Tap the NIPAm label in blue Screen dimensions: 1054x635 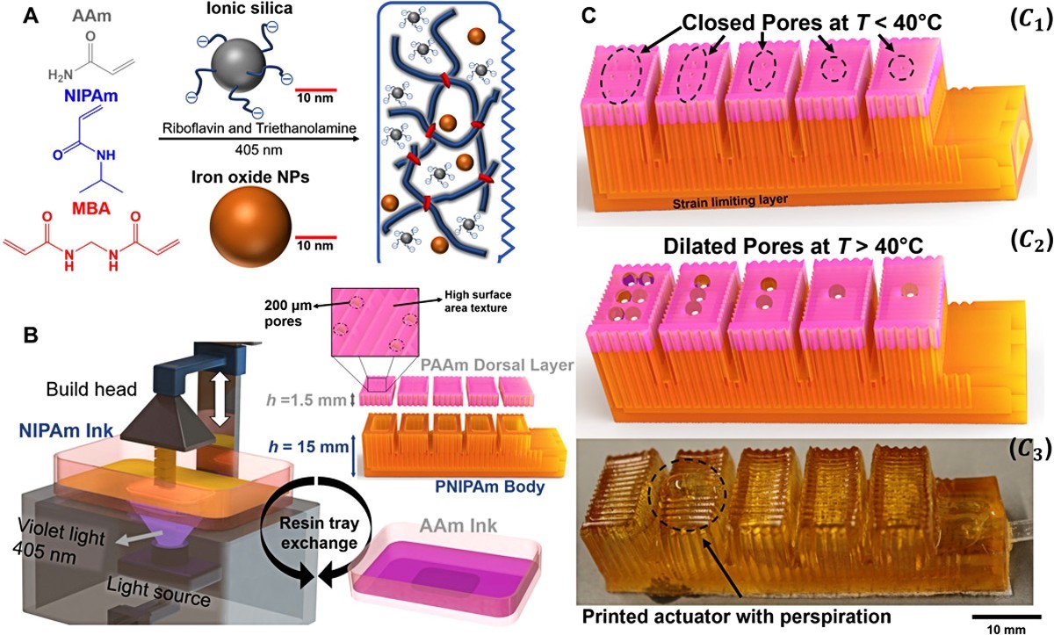point(91,96)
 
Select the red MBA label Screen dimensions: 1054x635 point(90,208)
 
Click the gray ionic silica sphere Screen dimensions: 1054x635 point(238,62)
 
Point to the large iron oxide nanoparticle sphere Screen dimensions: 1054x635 point(250,227)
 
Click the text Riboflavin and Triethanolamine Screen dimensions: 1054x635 point(259,128)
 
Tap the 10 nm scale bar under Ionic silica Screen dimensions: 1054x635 point(315,89)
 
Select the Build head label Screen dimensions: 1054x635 point(91,389)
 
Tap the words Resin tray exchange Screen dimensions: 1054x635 point(319,533)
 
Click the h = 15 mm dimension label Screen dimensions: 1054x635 point(308,445)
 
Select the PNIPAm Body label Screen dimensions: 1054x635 point(489,487)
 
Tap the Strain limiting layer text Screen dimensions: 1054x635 point(730,201)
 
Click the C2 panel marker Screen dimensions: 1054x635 point(1030,242)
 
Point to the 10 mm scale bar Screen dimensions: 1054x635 point(1006,617)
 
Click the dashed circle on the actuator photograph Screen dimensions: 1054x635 point(687,494)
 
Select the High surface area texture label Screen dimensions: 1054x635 point(478,301)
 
